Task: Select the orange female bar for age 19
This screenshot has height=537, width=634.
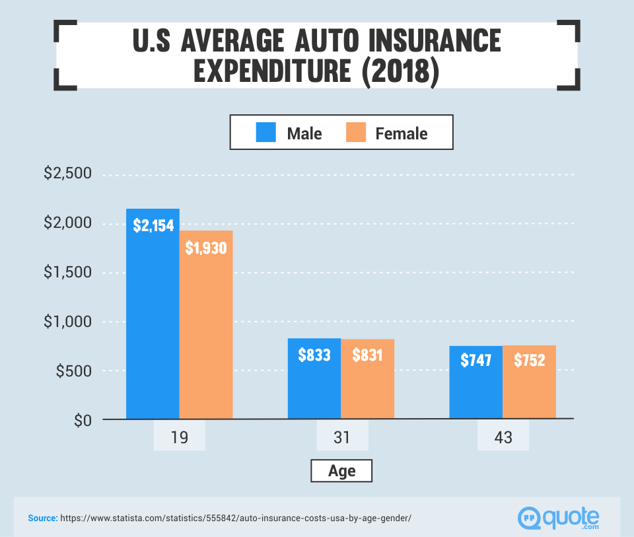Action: tap(206, 330)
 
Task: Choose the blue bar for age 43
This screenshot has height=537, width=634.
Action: tap(476, 390)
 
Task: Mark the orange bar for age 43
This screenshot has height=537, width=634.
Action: tap(530, 390)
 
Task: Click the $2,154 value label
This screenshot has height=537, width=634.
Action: tap(153, 225)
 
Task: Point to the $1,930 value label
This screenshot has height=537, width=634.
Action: tap(206, 248)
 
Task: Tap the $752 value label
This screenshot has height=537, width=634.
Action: tap(530, 361)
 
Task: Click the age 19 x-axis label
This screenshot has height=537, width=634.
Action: tap(179, 437)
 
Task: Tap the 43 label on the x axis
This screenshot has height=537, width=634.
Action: tap(503, 437)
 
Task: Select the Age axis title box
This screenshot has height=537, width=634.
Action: tap(341, 471)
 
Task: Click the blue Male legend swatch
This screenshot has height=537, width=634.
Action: tap(266, 133)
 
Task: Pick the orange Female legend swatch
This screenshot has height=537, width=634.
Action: tap(355, 133)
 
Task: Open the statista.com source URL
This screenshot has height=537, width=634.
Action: tap(235, 519)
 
